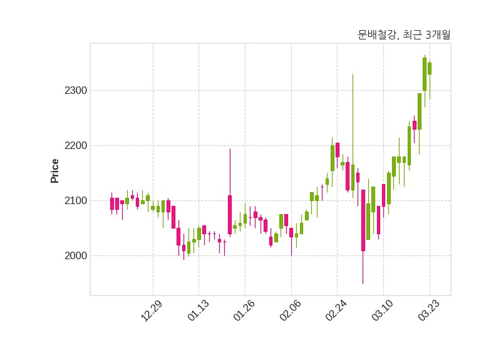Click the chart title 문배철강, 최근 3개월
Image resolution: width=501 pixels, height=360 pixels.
[x=404, y=34]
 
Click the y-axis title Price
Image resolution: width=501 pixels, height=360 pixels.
[x=54, y=171]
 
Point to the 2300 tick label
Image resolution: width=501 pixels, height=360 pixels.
[x=76, y=91]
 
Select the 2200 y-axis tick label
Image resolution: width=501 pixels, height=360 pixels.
[x=76, y=146]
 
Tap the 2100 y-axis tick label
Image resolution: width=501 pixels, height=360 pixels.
[x=76, y=201]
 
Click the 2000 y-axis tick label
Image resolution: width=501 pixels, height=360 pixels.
[x=76, y=256]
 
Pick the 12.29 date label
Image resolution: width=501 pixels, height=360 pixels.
[x=152, y=311]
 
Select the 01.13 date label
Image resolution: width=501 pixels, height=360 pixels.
[x=198, y=310]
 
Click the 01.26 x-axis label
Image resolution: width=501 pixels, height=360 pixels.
[x=244, y=310]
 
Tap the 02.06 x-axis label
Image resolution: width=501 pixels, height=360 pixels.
[x=291, y=310]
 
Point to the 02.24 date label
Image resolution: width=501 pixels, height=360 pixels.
[x=336, y=310]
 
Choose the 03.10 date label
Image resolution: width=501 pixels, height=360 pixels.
[x=383, y=310]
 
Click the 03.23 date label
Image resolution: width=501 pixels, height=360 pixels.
[x=429, y=310]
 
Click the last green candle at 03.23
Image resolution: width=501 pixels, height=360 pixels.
[x=430, y=69]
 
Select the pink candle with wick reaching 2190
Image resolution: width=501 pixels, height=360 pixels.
[x=230, y=215]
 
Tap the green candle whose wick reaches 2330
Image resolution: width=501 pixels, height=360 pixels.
[x=353, y=178]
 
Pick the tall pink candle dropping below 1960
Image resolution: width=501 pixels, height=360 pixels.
[x=363, y=220]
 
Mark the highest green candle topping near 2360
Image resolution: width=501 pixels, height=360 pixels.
[x=425, y=74]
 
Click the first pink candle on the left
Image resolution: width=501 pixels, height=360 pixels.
[x=112, y=204]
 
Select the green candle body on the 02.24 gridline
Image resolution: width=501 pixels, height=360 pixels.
[x=333, y=158]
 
